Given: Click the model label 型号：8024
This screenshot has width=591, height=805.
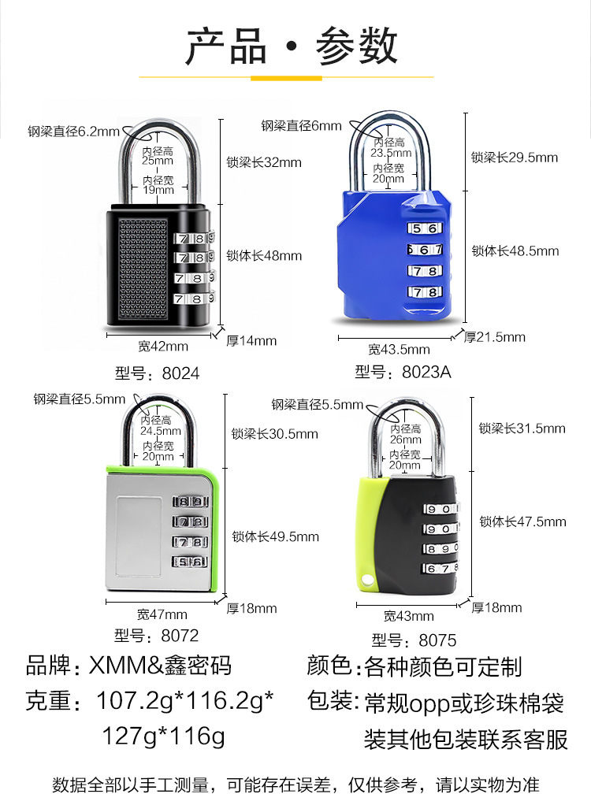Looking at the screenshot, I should click(x=157, y=373).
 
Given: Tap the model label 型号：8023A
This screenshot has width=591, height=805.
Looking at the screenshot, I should click(x=403, y=372).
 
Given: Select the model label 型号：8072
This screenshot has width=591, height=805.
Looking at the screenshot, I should click(x=156, y=635).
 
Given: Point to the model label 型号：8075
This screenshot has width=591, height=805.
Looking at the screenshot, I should click(x=414, y=640).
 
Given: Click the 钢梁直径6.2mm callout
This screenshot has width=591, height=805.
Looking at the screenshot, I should click(x=73, y=132).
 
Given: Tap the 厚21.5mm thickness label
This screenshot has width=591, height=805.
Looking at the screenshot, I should click(x=494, y=337).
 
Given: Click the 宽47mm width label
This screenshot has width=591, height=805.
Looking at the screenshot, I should click(x=162, y=614).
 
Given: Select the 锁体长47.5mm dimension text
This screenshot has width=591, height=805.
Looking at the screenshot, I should click(x=522, y=521).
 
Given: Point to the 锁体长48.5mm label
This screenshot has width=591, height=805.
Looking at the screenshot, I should click(x=515, y=251).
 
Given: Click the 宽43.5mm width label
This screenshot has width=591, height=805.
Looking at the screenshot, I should click(x=399, y=349).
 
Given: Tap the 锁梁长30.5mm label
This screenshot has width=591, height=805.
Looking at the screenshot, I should click(x=275, y=433).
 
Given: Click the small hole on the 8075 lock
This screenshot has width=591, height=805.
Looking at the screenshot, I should click(x=366, y=581).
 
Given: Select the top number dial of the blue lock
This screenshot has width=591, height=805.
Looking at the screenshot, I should click(x=423, y=228).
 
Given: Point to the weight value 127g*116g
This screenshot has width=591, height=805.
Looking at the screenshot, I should click(x=163, y=736).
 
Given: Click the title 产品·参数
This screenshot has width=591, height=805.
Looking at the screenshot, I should click(x=292, y=46).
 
